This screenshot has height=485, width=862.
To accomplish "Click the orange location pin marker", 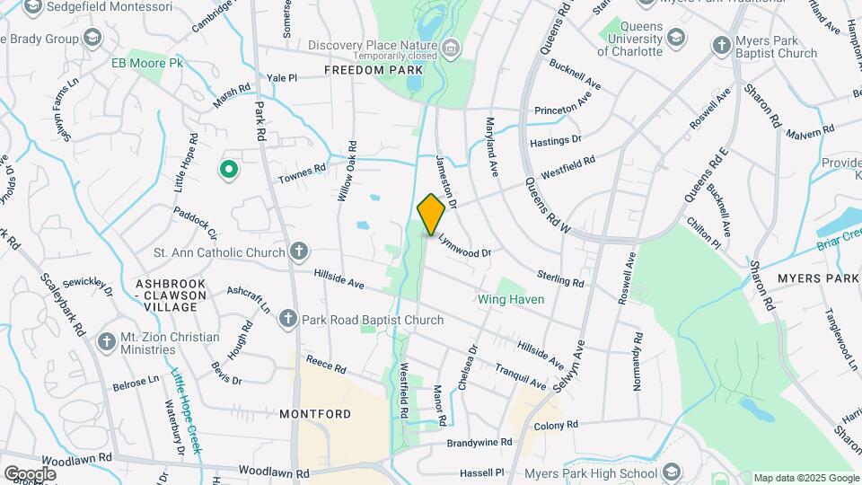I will point(431,214).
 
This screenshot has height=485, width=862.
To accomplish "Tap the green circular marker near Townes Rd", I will point(229,168).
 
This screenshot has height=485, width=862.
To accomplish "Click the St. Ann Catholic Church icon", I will point(299,252).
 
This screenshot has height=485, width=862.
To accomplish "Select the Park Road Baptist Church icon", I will point(287,319).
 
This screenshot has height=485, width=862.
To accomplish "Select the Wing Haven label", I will point(510,299).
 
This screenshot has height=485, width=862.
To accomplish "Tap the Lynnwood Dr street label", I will point(464,246).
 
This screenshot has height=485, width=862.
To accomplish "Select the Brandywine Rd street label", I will point(480,443).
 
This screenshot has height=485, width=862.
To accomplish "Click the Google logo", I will point(30,473).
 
